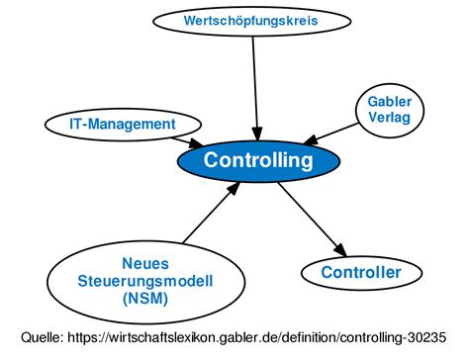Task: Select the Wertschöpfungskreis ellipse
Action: tap(253, 20)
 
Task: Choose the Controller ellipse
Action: tap(361, 272)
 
